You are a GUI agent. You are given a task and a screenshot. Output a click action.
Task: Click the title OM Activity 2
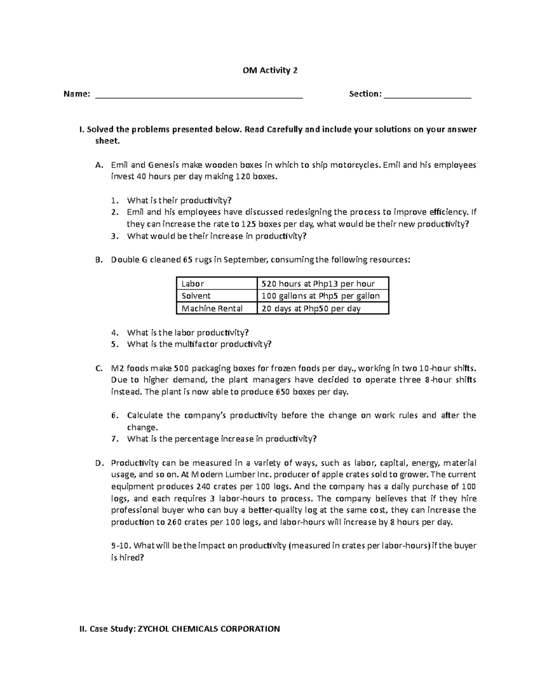[x=270, y=70]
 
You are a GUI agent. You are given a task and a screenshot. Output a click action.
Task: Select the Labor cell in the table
[x=193, y=284]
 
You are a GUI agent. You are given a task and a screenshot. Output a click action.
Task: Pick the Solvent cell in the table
[x=196, y=296]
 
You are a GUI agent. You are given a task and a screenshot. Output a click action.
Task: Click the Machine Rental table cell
[x=211, y=308]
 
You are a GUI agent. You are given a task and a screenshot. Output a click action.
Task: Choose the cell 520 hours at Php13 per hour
[x=318, y=284]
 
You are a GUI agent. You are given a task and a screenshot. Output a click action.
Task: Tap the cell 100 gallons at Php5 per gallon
[x=320, y=296]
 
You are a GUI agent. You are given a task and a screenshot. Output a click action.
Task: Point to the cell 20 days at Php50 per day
[x=311, y=308]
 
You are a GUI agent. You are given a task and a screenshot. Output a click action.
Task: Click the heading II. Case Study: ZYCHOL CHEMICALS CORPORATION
[x=180, y=629]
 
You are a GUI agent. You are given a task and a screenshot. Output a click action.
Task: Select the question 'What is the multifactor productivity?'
[x=199, y=344]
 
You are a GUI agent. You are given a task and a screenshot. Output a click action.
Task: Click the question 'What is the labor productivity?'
[x=188, y=333]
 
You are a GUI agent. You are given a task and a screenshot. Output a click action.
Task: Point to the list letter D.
[x=99, y=463]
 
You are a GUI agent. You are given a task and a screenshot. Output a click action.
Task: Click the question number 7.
[x=114, y=439]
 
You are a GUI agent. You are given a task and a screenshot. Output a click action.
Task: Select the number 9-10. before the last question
[x=121, y=546]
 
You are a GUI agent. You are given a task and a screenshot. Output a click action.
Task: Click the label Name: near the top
[x=77, y=94]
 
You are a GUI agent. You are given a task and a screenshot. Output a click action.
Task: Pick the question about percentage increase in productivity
[x=222, y=439]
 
